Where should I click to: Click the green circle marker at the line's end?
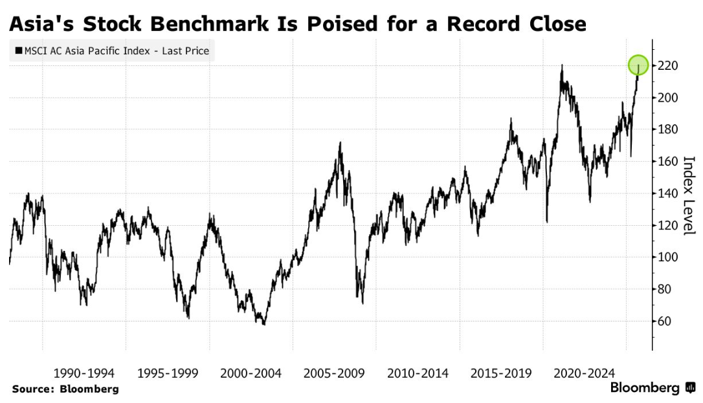point(638,65)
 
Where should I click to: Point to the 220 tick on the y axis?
point(667,66)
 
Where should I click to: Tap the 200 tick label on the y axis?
point(667,98)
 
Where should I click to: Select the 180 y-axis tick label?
point(667,129)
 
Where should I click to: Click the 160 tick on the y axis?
point(667,161)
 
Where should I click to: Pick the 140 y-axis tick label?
point(667,193)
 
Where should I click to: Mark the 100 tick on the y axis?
point(667,257)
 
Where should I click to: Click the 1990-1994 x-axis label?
point(84,373)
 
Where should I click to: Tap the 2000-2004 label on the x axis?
point(251,373)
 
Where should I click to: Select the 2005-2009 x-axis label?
point(333,373)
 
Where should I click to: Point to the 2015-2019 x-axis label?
point(501,373)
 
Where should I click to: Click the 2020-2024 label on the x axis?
point(585,373)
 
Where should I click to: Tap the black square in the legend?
point(18,50)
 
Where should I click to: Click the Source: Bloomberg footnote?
point(65,389)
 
